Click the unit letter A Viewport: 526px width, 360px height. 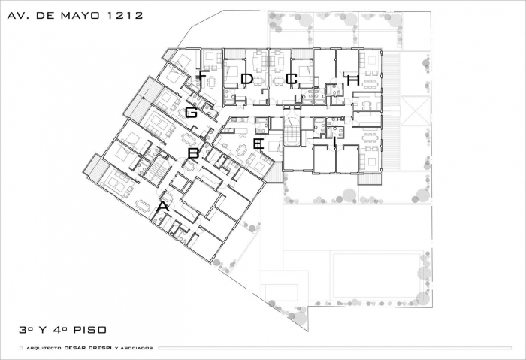(x=163, y=207)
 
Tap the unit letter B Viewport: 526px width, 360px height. (x=194, y=153)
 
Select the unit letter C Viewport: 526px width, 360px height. (x=292, y=79)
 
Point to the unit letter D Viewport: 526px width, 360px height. (x=246, y=79)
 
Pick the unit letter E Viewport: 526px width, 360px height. (x=258, y=144)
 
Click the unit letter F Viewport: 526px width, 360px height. (x=202, y=75)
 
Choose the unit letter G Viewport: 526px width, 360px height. (x=191, y=113)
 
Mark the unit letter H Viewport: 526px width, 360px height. (x=353, y=80)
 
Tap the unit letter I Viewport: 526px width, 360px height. (x=334, y=141)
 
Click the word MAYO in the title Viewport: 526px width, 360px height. (x=80, y=16)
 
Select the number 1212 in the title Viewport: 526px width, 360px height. (x=125, y=16)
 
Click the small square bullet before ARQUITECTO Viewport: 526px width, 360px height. (x=21, y=348)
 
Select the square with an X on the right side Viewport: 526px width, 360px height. (x=416, y=111)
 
